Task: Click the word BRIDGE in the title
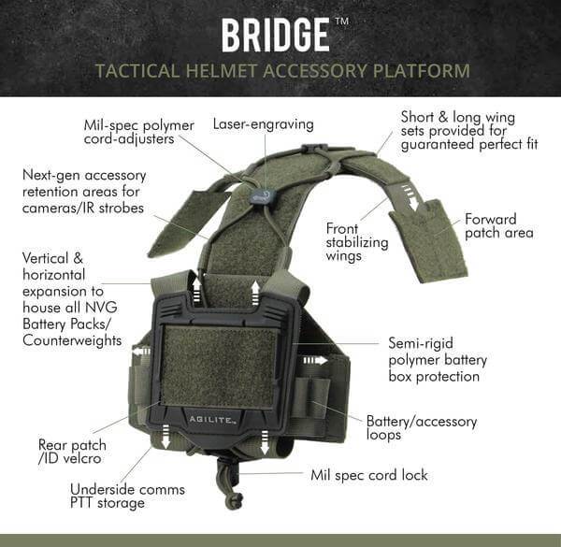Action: click(275, 35)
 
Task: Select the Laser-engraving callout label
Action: click(263, 123)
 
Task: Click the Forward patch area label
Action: click(499, 225)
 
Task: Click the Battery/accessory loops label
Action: click(422, 428)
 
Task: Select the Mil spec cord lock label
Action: click(368, 475)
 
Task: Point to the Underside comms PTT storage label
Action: click(127, 497)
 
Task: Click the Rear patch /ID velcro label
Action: click(72, 452)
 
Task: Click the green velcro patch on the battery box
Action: click(219, 366)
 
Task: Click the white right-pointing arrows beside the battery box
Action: click(314, 359)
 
